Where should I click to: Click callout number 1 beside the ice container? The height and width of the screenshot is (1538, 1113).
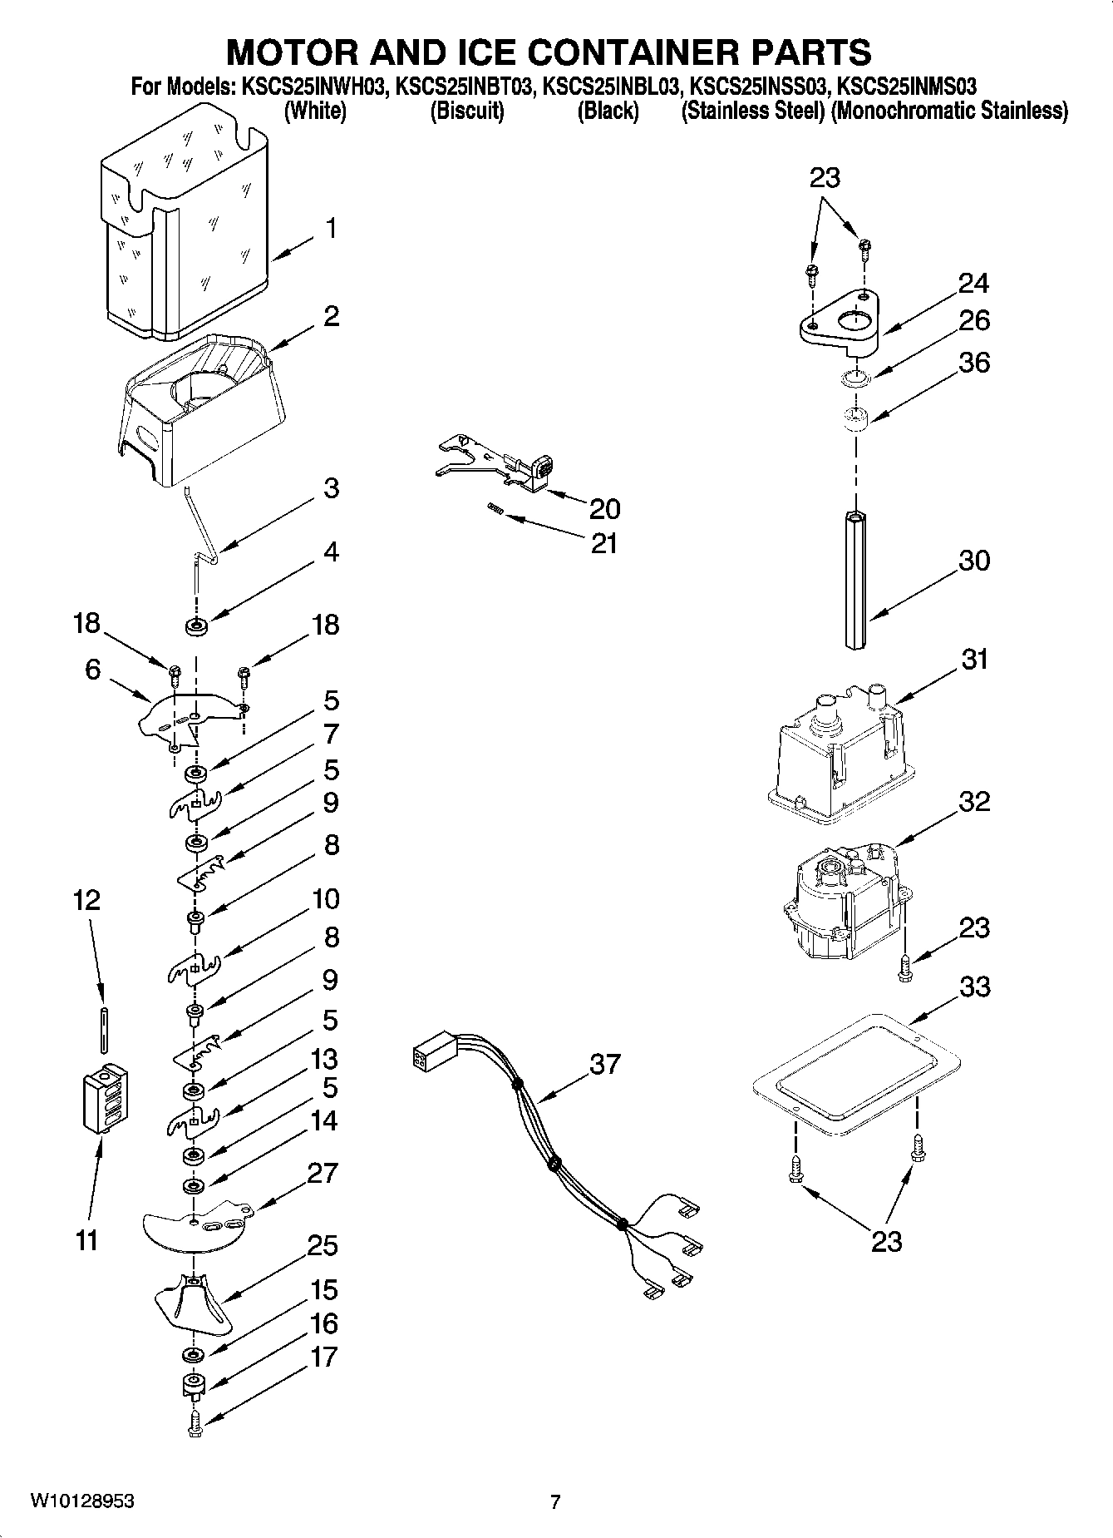pos(331,228)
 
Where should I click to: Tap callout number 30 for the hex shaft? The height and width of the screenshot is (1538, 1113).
pos(974,561)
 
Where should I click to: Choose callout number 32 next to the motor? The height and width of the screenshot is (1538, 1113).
pos(974,802)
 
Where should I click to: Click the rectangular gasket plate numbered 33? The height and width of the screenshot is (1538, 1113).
pos(855,1067)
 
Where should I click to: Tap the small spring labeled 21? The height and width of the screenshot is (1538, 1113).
pos(493,508)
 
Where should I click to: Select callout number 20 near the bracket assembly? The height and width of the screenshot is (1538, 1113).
pos(604,508)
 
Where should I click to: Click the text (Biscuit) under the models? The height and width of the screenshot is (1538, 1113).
pos(466,111)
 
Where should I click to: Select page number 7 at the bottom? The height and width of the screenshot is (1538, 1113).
pos(555,1501)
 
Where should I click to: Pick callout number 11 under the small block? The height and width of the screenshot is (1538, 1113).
pos(86,1240)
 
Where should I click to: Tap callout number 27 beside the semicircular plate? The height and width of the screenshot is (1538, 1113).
pos(323,1173)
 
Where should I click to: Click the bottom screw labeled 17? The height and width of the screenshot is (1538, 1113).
pos(195,1425)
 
